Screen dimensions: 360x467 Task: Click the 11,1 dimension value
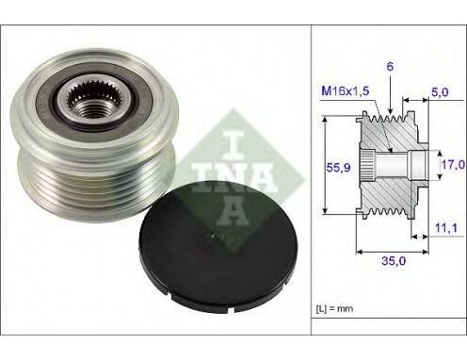pos(447,226)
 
